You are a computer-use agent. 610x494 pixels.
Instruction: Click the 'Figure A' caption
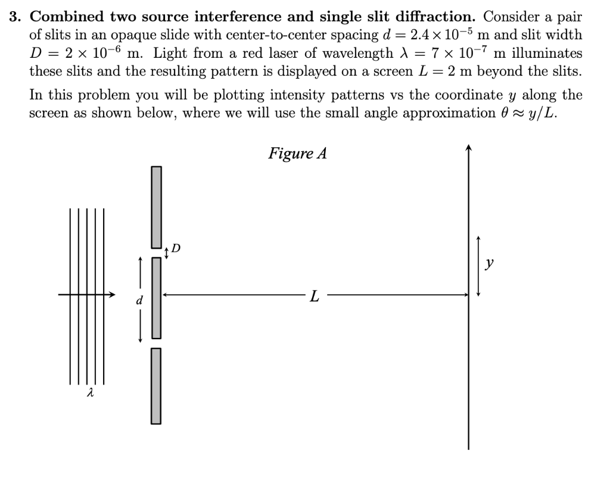297,154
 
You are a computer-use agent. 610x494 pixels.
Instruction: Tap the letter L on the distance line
315,295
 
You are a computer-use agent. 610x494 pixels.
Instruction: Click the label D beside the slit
176,247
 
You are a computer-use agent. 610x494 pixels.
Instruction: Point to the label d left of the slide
140,301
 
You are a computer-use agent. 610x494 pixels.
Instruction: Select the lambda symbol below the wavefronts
90,393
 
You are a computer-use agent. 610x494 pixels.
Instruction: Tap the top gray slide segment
157,206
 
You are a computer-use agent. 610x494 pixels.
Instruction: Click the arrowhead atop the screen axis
469,148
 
